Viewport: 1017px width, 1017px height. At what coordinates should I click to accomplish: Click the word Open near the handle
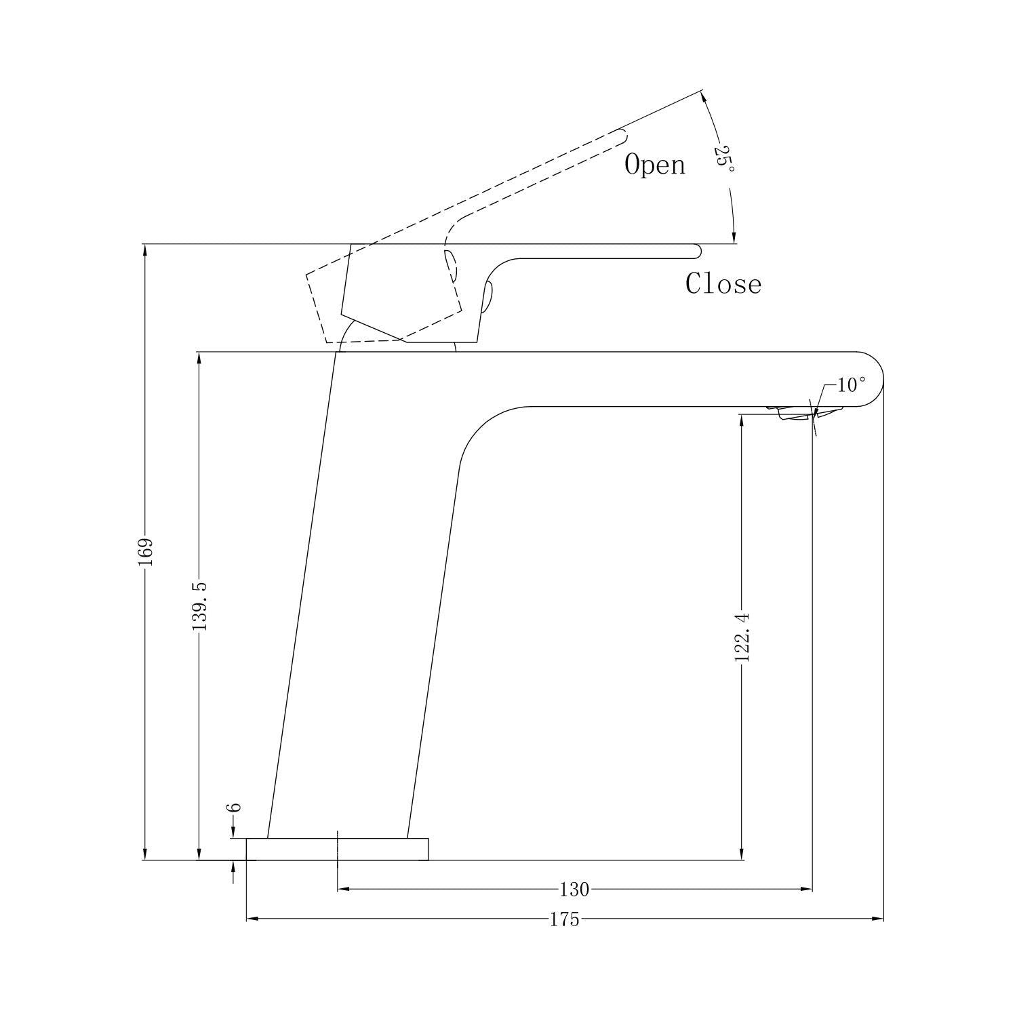[x=654, y=165]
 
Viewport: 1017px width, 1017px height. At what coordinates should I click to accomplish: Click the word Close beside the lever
[x=723, y=283]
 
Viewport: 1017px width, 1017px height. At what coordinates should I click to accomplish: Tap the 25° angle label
[x=723, y=158]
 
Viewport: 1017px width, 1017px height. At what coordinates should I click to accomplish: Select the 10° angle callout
[x=852, y=385]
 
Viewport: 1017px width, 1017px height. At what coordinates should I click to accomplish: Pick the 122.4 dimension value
[x=743, y=637]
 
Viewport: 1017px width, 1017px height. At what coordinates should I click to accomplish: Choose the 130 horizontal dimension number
[x=574, y=889]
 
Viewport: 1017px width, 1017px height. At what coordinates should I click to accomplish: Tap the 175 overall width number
[x=564, y=919]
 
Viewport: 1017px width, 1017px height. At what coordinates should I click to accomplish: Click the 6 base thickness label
[x=233, y=807]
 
